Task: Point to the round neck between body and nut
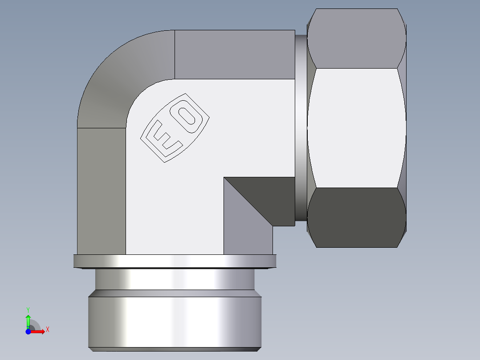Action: (x=301, y=129)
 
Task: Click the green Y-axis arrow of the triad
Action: (x=28, y=320)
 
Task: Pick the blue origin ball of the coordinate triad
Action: (x=28, y=331)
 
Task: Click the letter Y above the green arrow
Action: (x=28, y=309)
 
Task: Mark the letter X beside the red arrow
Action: (x=48, y=330)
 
